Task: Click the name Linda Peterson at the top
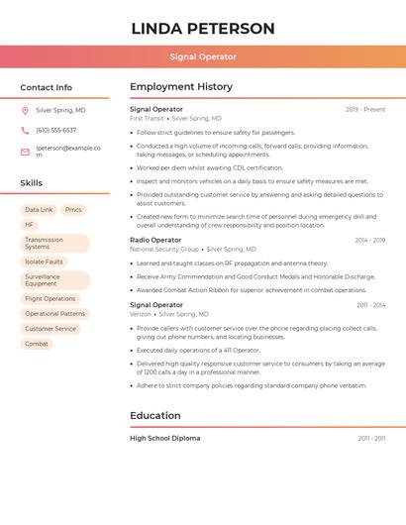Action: coord(203,28)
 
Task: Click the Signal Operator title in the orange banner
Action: coord(203,56)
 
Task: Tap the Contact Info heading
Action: coord(46,87)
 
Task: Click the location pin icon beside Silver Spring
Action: coord(25,110)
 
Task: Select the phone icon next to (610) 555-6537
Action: coord(25,131)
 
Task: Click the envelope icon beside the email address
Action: coord(25,152)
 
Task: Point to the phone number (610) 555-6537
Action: coord(55,131)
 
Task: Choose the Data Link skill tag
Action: coord(39,210)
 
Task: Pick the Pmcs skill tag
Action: coord(73,210)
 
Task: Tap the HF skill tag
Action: coord(29,225)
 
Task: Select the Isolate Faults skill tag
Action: coord(44,262)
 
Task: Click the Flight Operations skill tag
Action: coord(50,298)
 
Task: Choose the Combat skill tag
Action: coord(37,344)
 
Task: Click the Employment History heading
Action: coord(181,87)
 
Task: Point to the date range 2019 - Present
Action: coord(365,109)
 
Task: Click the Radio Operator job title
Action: coord(155,240)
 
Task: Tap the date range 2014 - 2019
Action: coord(369,241)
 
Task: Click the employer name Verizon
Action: coord(141,314)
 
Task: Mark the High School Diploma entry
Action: coord(164,438)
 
